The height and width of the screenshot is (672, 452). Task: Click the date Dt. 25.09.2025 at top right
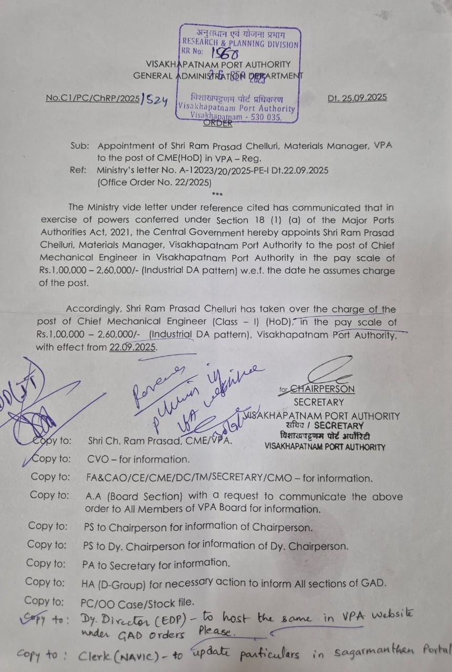click(x=356, y=97)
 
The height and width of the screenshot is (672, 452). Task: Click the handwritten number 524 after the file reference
click(x=156, y=100)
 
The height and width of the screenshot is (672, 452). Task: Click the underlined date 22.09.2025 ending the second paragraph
click(x=133, y=347)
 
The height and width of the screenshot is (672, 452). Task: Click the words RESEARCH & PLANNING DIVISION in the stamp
click(x=240, y=45)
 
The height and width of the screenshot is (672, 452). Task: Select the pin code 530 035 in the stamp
click(x=265, y=118)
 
